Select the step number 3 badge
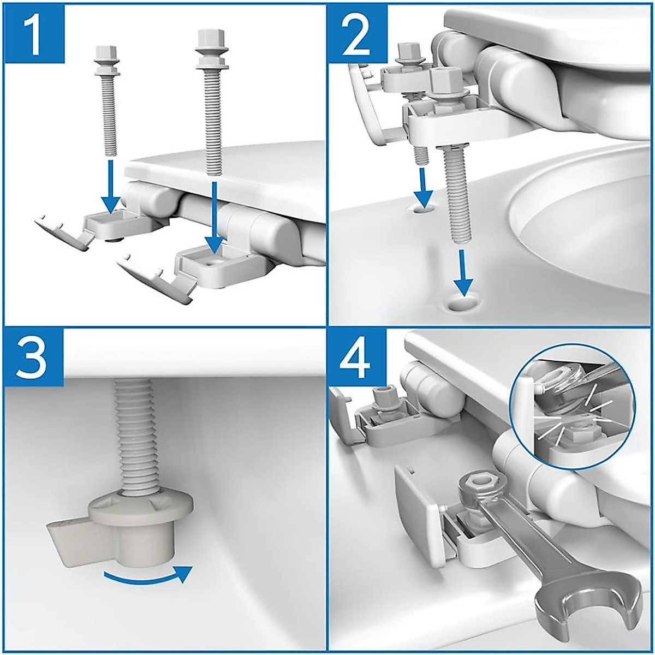[x=34, y=357]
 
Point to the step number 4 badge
[x=359, y=357]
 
